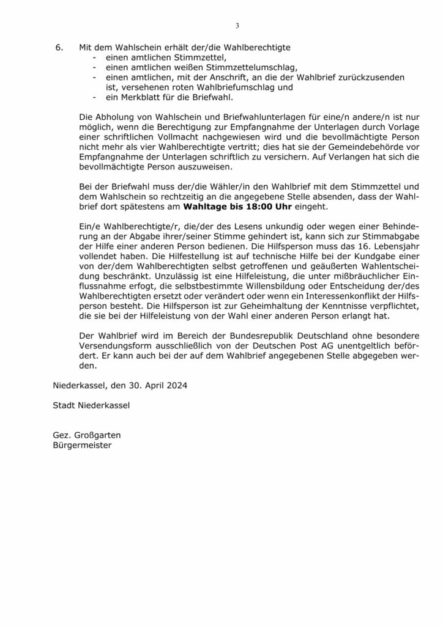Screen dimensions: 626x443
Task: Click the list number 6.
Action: pos(59,46)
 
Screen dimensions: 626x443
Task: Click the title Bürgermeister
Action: pos(83,445)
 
